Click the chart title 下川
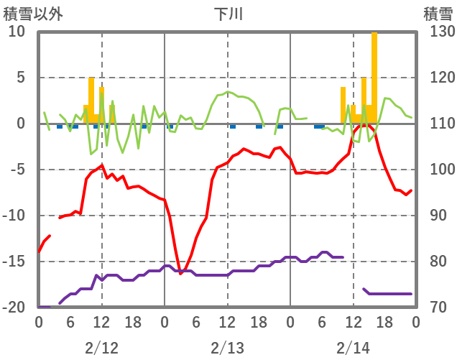point(228,13)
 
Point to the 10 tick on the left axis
point(17,32)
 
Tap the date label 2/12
point(101,348)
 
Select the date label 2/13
point(227,348)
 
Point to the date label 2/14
point(353,348)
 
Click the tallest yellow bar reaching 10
point(374,78)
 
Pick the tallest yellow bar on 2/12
point(91,101)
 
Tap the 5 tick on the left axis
point(21,78)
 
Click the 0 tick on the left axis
point(21,124)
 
